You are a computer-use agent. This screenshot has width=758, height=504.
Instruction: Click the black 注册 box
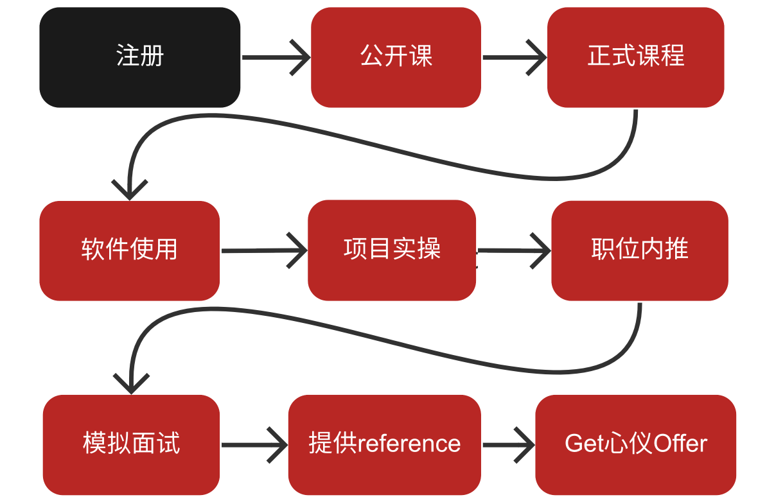click(139, 57)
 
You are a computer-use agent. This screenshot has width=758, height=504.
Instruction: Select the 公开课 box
click(396, 57)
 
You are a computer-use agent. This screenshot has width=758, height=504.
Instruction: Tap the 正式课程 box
click(635, 57)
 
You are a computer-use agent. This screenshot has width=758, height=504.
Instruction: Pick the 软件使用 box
click(129, 250)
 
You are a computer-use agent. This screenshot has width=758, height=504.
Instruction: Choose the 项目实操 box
click(392, 250)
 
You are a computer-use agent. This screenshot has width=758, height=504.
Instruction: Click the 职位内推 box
click(639, 250)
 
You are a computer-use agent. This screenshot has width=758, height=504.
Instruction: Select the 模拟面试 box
click(131, 444)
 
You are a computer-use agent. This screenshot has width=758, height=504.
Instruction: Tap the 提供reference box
click(384, 444)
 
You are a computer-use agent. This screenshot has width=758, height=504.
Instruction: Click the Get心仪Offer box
click(635, 444)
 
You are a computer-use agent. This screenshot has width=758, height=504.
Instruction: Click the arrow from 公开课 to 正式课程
click(514, 57)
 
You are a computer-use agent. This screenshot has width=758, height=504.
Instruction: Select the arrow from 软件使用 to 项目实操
click(264, 250)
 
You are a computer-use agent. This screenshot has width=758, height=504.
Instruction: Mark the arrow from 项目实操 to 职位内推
click(514, 250)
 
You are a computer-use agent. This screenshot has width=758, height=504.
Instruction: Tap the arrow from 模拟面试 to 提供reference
click(254, 444)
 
